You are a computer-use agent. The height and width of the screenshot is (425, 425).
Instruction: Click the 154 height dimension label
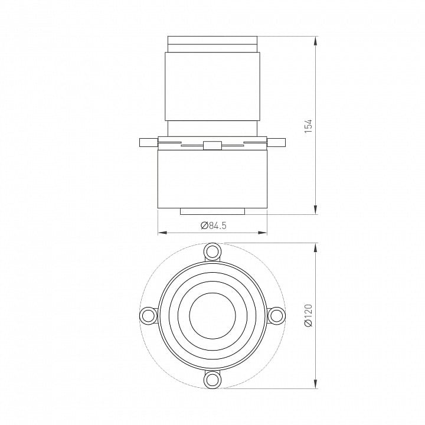coord(309,126)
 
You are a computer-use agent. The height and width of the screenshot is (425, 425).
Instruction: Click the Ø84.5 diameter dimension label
coord(214,225)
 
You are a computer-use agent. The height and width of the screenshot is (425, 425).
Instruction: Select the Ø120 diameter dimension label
coord(309,315)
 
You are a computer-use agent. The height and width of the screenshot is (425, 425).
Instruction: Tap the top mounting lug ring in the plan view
coord(212,251)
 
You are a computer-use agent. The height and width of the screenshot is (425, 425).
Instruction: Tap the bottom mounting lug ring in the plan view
coord(212,380)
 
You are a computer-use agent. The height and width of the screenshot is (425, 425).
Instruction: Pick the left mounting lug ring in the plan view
coord(148,315)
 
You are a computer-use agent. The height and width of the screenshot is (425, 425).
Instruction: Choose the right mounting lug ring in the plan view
coord(276,315)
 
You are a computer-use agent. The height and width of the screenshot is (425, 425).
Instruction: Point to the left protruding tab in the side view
coord(149,143)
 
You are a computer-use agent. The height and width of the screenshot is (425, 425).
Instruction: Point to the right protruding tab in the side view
coord(276,143)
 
